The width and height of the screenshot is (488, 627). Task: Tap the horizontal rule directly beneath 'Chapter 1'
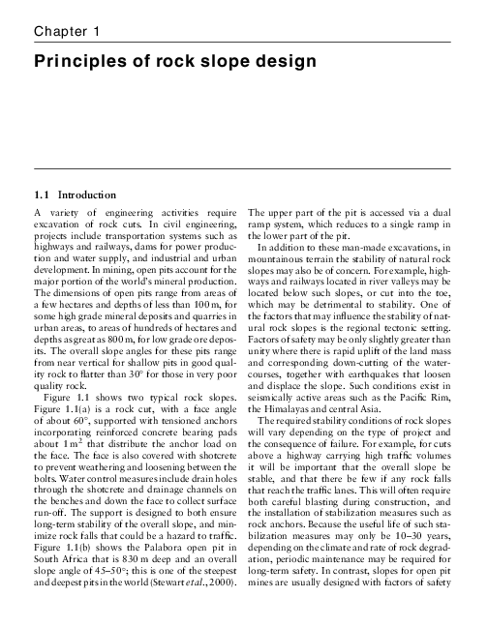click(244, 46)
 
